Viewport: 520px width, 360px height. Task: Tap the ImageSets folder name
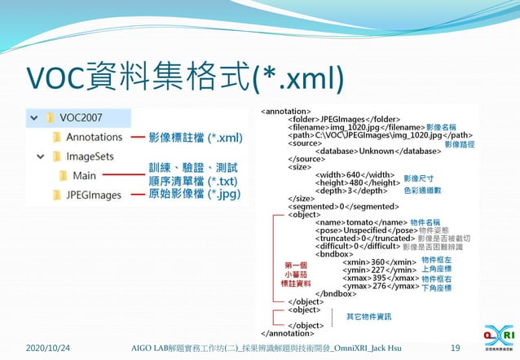tap(90, 156)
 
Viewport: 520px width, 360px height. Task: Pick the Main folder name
tap(84, 175)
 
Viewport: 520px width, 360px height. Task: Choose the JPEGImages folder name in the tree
tap(94, 195)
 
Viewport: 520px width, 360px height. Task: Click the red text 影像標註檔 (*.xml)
tap(196, 138)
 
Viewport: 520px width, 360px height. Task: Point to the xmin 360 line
tap(377, 261)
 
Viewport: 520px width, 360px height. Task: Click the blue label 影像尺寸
tap(418, 178)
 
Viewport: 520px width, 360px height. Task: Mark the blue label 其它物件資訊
tap(368, 316)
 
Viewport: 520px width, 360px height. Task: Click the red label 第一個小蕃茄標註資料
tap(297, 274)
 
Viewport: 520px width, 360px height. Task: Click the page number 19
tap(455, 347)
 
